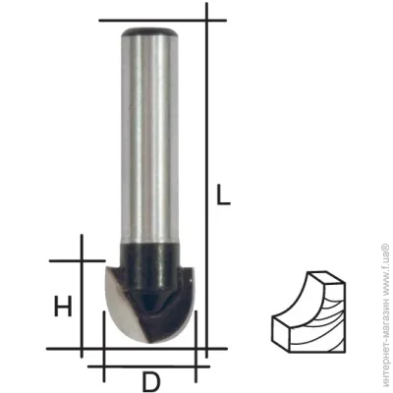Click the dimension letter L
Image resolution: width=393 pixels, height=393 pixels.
coord(224,195)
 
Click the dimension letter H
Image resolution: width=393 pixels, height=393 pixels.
coord(63,307)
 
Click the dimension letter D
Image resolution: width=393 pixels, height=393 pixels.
coord(151,381)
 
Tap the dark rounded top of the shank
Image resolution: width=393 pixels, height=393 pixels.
coord(149,32)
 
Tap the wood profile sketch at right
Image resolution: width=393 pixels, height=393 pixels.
coord(309,311)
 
